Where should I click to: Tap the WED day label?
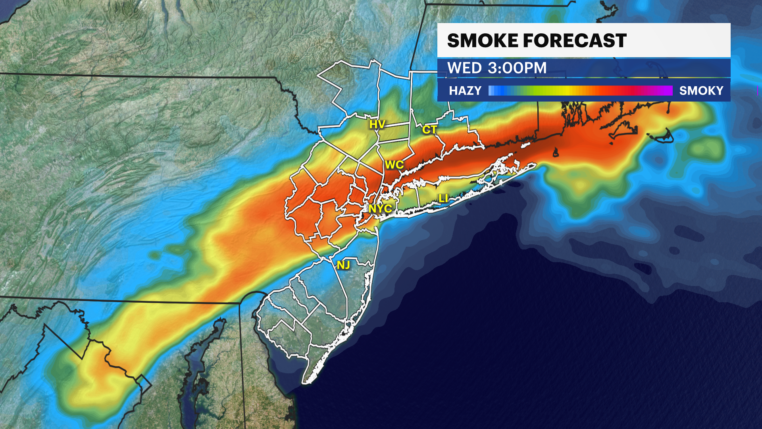coord(464,68)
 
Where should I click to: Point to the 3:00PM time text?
coord(517,68)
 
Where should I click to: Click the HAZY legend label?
coord(465,91)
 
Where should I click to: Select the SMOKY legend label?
coord(701,91)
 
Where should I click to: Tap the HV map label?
coord(377,124)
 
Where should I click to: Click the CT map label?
coord(429,129)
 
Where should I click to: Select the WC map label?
coord(394,165)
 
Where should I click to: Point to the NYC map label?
coord(380,209)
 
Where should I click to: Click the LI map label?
coord(443,198)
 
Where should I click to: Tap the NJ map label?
coord(343,265)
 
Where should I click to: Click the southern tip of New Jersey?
coord(306,381)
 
